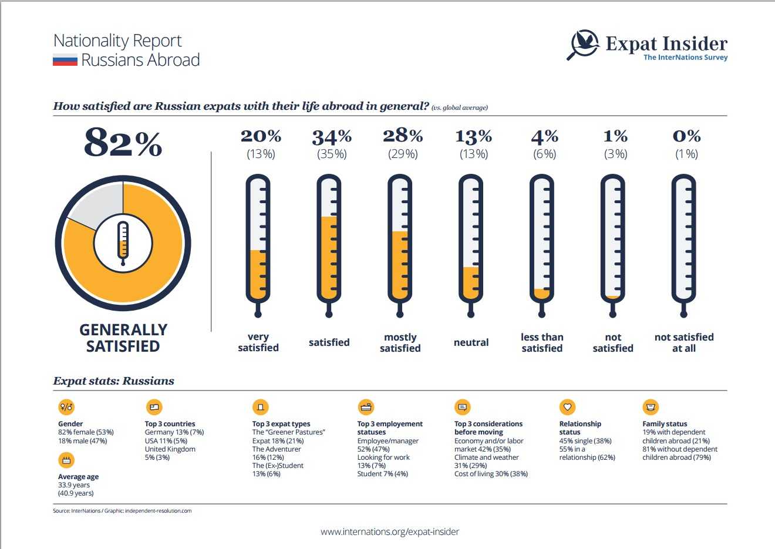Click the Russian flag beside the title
65,60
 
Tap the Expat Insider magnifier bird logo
583,45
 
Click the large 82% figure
123,143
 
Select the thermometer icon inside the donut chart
123,242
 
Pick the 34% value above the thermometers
332,137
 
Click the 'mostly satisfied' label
400,342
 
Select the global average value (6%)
544,154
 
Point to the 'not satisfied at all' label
684,342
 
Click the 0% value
686,136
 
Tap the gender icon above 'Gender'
66,407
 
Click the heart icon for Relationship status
567,407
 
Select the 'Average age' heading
78,477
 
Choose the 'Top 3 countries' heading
170,424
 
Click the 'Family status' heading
665,424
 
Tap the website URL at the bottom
390,532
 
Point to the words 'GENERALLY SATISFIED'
123,338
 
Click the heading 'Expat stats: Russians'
114,380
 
